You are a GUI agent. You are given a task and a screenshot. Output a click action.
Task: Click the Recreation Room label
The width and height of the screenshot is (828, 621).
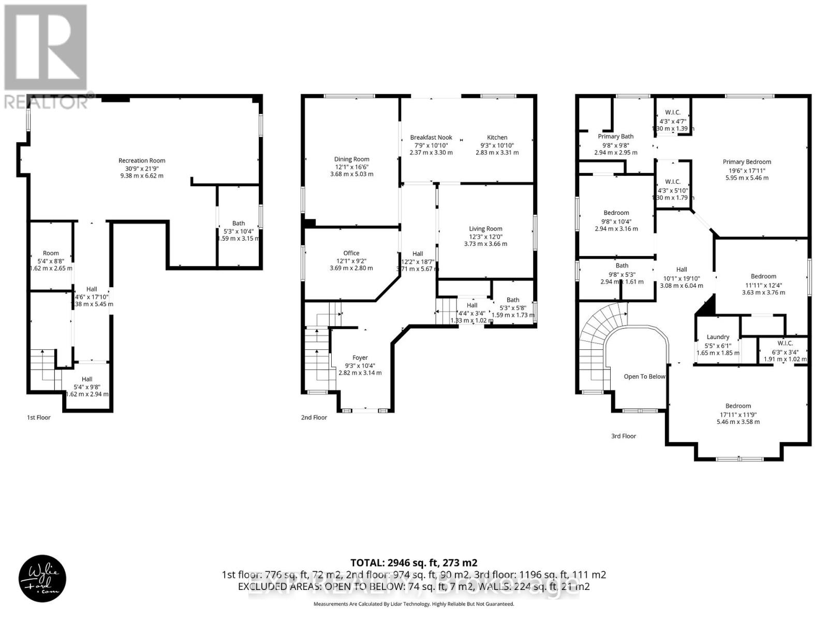pos(142,160)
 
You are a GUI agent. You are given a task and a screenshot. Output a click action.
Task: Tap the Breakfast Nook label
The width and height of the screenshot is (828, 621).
pos(431,138)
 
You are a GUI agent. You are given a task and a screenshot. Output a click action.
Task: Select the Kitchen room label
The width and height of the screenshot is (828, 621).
pos(497,138)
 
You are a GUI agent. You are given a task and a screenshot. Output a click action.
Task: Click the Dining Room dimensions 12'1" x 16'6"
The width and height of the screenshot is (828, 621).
pos(351,167)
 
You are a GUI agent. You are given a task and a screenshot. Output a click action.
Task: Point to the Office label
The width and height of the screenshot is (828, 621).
pos(351,253)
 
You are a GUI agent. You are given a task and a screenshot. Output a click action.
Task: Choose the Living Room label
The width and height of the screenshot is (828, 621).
pos(485,229)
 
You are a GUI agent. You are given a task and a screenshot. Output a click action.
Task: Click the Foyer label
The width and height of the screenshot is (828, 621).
pos(360,358)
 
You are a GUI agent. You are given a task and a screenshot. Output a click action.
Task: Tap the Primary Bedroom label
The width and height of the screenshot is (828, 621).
pos(747,162)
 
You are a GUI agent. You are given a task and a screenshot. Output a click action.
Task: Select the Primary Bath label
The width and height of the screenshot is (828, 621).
pos(616,137)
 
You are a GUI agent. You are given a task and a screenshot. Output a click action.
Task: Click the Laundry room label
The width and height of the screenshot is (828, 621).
pos(718,337)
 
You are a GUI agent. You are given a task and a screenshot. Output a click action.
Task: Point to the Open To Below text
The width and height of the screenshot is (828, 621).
pos(644,376)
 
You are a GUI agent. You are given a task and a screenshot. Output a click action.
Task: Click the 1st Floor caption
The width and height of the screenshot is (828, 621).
pos(39,417)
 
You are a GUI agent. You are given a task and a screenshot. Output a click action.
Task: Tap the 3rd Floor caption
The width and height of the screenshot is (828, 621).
pos(623,436)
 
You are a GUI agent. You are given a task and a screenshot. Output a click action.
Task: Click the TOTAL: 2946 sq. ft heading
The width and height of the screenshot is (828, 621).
pos(413,563)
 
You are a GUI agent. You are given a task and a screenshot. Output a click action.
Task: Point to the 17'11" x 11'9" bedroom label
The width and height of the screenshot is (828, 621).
pos(737,414)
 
